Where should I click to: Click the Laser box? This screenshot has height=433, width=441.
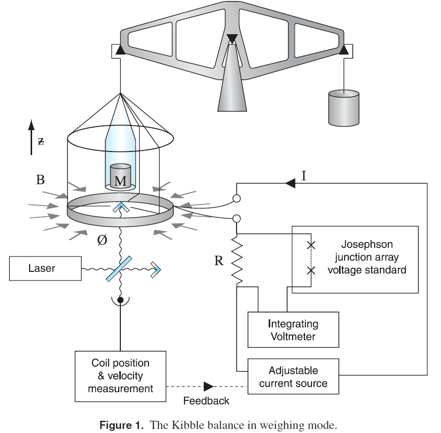[x=45, y=268]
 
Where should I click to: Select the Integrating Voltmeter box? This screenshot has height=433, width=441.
[x=293, y=330]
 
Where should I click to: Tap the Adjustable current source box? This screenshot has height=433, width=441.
[x=293, y=376]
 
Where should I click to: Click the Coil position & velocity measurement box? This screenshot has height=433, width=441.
[x=120, y=376]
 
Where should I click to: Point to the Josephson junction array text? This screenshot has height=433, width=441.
[x=367, y=257]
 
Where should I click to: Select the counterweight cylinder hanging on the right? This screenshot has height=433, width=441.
[x=344, y=108]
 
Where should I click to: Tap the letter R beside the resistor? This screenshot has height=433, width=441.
[x=219, y=261]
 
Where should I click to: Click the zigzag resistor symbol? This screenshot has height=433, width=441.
[x=237, y=260]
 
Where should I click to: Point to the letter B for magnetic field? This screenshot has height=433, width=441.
[x=40, y=180]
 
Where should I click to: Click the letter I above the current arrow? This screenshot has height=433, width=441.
[x=304, y=176]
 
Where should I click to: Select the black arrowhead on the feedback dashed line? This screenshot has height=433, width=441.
[x=209, y=386]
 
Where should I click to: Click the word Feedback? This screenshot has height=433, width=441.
[x=206, y=401]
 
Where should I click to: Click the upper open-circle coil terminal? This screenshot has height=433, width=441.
[x=237, y=198]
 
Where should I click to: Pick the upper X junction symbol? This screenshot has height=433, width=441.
[x=310, y=245]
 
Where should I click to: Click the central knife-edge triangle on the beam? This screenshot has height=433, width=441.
[x=232, y=39]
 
